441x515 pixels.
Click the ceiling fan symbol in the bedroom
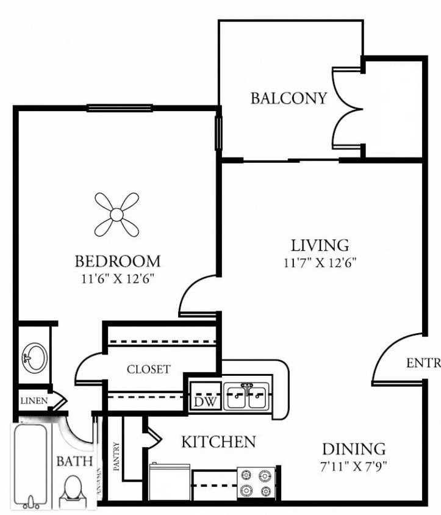click(x=117, y=214)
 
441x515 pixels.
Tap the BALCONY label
click(x=289, y=98)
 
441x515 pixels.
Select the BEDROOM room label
click(x=118, y=261)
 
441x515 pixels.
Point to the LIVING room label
click(x=320, y=245)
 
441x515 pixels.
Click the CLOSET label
click(x=148, y=369)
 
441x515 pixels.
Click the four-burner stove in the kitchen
click(x=257, y=483)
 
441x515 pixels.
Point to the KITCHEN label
click(x=218, y=442)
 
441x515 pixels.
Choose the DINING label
click(x=354, y=450)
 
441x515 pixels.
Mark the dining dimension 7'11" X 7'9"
click(x=354, y=467)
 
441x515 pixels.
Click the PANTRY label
click(x=117, y=456)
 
